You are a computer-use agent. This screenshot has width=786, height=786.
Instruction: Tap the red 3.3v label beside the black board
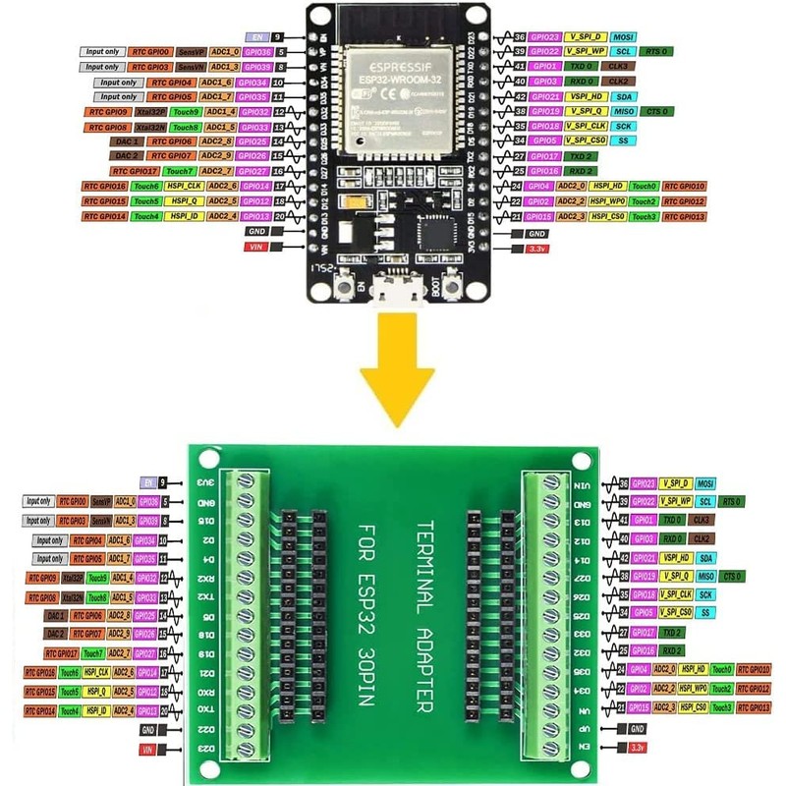click(x=536, y=250)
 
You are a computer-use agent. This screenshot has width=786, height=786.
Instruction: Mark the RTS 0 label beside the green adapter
click(x=731, y=501)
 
